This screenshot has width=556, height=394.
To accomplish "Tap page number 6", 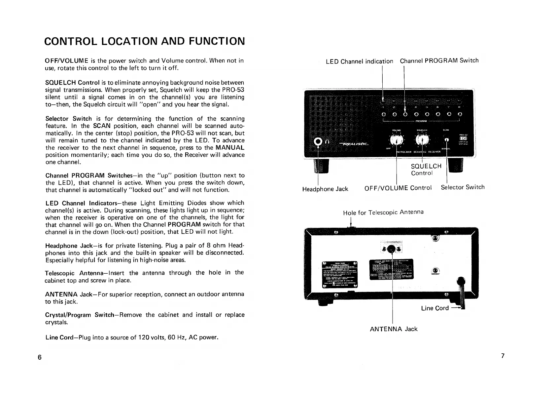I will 40,357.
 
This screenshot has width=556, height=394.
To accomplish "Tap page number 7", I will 503,356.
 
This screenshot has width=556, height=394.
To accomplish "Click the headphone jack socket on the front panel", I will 318,142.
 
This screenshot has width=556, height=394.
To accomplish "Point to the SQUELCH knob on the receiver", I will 422,141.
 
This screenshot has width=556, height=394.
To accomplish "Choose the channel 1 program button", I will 383,115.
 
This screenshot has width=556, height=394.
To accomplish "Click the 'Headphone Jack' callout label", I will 325,189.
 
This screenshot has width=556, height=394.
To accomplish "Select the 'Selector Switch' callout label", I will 463,187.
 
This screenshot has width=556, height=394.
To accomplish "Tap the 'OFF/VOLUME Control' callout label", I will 398,188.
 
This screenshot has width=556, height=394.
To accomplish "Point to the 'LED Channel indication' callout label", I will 359,61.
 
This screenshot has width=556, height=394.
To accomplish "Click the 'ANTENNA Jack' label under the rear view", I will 394,329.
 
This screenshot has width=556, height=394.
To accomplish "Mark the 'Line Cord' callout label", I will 435,308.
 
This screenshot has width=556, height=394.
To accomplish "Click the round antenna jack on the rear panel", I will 392,249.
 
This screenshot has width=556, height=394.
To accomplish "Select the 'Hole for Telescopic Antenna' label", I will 383,212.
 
